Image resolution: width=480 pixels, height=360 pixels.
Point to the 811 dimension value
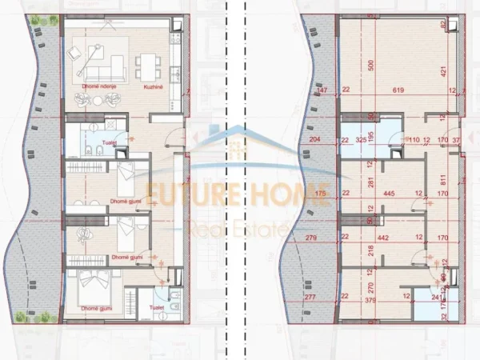[442, 182]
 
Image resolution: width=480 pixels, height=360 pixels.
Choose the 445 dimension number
[390, 193]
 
